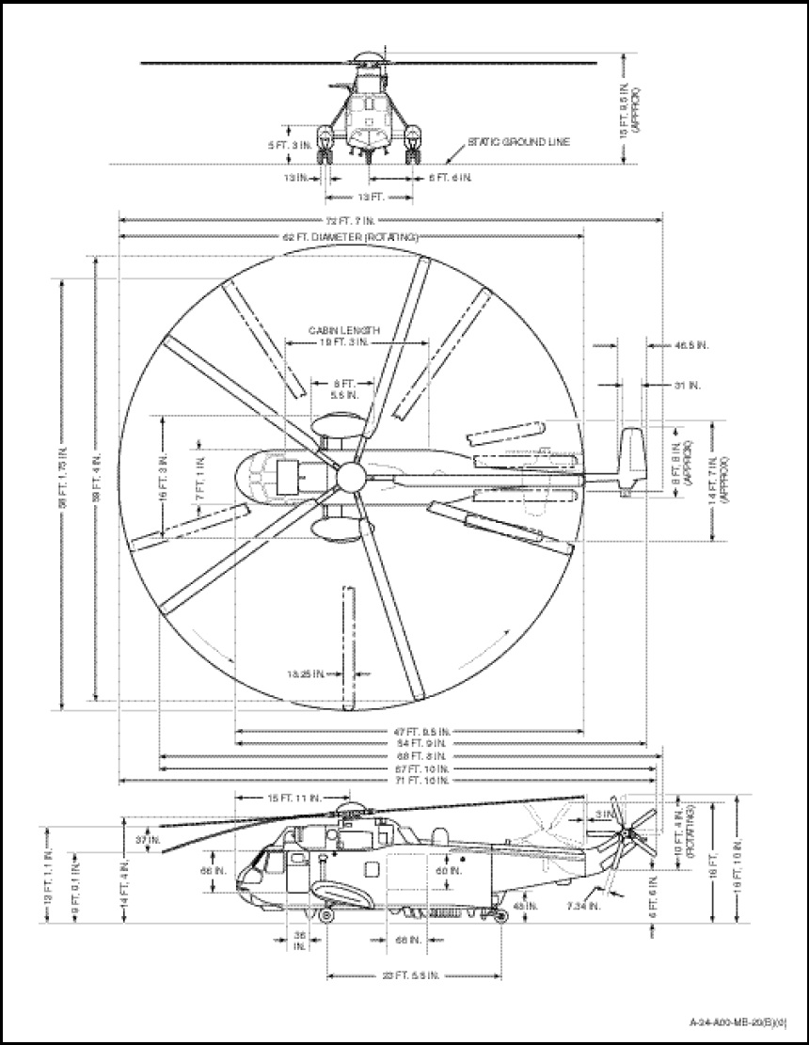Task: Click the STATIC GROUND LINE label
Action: [522, 142]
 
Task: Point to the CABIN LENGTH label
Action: [344, 332]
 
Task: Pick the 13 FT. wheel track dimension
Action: [370, 198]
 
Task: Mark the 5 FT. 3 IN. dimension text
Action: [285, 145]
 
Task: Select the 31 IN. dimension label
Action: [686, 385]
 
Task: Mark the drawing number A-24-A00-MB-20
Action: [737, 1021]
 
